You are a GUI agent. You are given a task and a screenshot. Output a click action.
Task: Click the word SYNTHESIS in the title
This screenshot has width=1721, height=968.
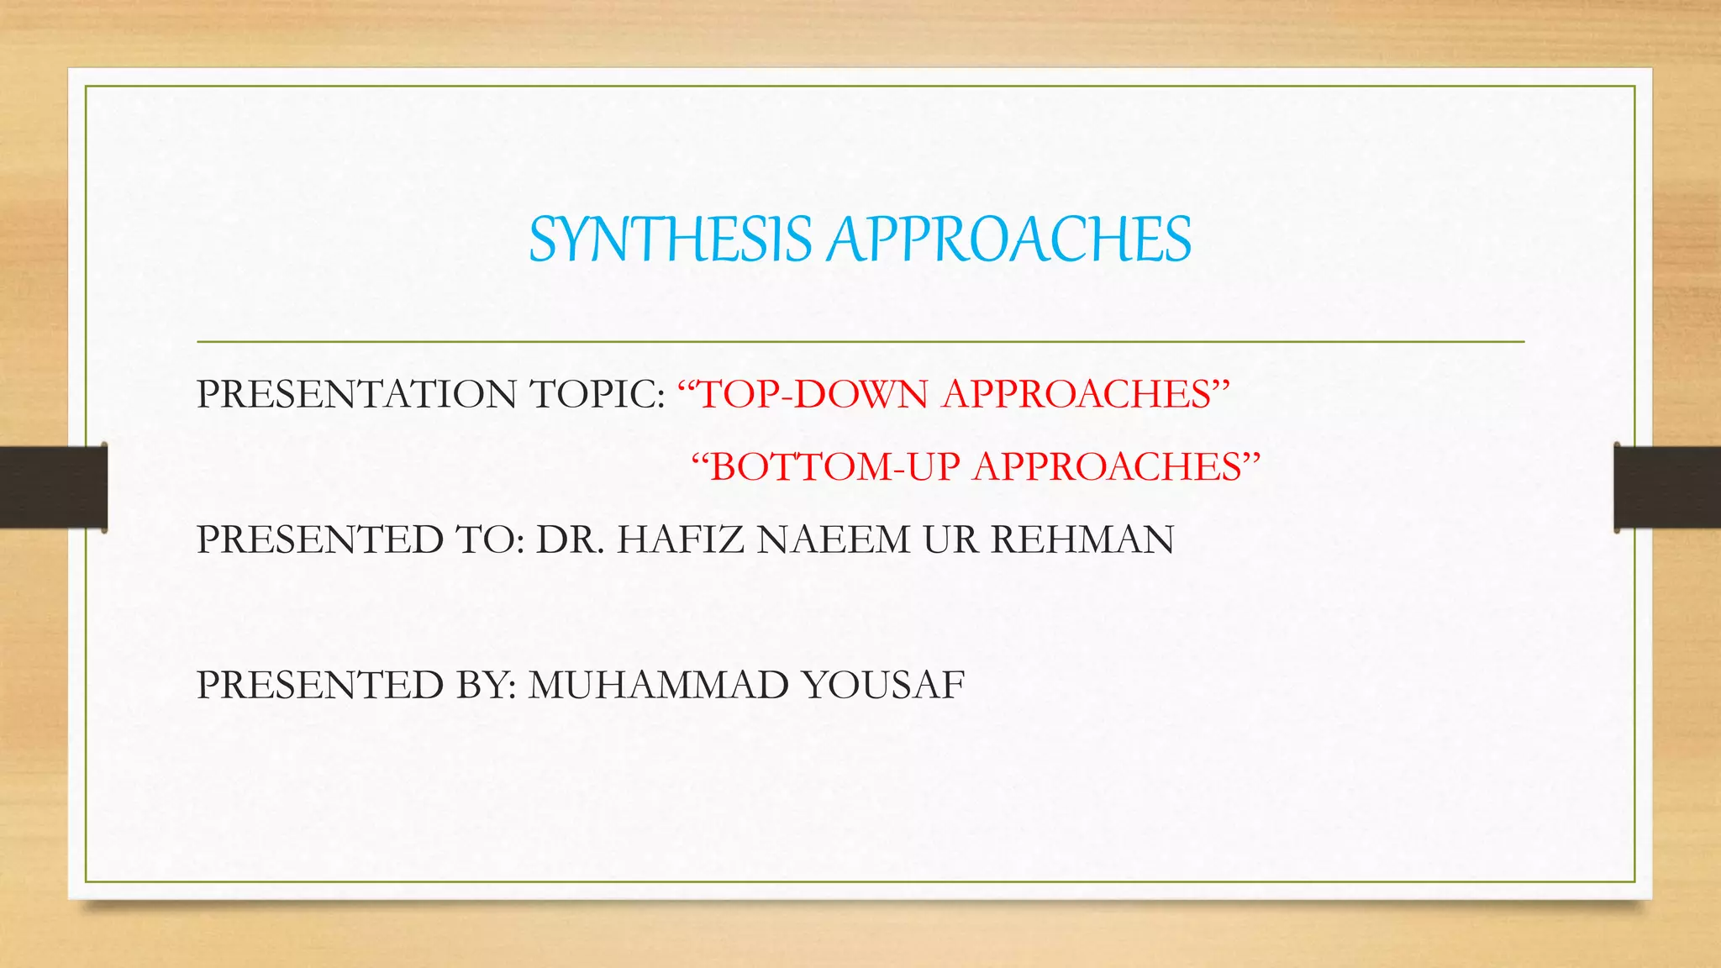[670, 239]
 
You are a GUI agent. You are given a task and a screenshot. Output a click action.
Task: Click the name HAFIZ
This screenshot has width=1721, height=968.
[681, 539]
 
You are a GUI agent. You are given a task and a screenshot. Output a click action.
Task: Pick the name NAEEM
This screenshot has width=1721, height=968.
[833, 539]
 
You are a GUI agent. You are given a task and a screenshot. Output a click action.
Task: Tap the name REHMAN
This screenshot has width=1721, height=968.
[1082, 539]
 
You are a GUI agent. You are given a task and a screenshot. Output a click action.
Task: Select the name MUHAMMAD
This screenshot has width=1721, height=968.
[658, 685]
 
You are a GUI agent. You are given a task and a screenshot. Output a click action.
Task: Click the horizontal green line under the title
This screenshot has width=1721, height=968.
[860, 342]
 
